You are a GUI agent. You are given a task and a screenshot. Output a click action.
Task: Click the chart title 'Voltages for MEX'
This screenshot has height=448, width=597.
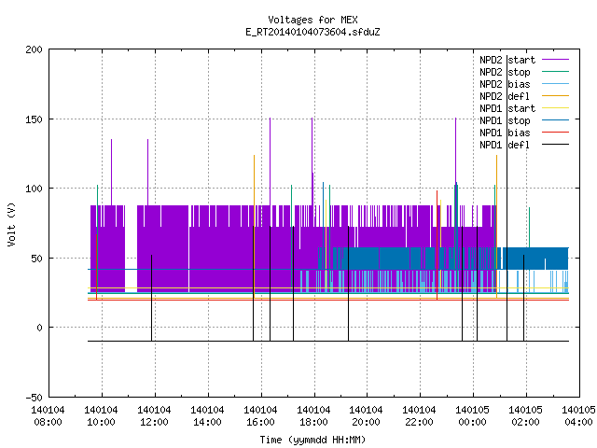pos(312,20)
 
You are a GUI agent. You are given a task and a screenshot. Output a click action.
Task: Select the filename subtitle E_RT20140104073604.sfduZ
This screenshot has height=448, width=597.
pos(312,32)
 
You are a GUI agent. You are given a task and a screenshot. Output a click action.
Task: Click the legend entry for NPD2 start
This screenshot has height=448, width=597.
pos(507,60)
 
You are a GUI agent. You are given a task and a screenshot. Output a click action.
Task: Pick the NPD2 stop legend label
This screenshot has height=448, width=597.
pos(505,72)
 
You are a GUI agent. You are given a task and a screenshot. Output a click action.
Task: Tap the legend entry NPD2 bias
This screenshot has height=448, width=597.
pos(505,84)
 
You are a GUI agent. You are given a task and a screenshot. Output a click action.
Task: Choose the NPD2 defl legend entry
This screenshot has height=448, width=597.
pos(505,96)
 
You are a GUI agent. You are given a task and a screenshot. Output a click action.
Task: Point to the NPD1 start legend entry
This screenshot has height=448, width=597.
pos(507,108)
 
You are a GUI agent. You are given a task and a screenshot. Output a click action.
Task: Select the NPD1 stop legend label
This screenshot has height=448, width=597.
pos(505,120)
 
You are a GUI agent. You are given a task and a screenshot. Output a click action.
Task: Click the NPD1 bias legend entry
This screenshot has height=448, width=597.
pos(505,133)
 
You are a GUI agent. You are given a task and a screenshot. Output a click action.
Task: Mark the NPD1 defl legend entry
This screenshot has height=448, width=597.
pos(505,145)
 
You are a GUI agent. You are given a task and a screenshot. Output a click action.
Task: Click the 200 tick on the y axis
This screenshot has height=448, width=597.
pos(34,49)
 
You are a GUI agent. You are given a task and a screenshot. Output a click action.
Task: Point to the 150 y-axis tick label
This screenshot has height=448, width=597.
pos(34,119)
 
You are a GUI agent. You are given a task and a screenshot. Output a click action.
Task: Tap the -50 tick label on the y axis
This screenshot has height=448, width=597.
pos(34,398)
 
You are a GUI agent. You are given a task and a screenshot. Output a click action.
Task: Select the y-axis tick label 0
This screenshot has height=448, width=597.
pos(39,328)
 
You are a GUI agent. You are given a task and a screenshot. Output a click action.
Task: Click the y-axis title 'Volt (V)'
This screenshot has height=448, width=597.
pos(11,224)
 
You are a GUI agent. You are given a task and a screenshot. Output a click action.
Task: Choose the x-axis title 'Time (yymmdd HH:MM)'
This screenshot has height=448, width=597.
pos(312,440)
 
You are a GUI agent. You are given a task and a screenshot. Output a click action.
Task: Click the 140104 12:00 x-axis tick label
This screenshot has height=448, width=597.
pos(154,416)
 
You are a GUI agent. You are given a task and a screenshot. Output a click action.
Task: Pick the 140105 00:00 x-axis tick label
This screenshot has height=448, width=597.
pos(472,416)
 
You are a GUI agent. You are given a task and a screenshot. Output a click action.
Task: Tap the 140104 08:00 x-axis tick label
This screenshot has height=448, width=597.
pos(48,416)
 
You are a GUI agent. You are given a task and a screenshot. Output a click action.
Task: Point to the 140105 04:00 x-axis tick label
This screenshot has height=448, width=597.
pos(578,416)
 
